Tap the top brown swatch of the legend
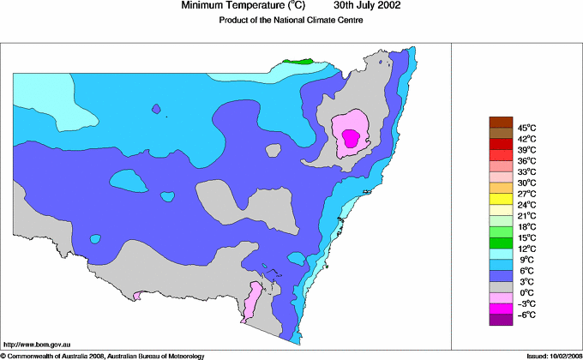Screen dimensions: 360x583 point(500,121)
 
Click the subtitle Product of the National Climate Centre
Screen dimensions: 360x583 point(292,21)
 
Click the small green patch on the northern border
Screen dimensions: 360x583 point(298,62)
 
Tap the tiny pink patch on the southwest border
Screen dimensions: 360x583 point(135,296)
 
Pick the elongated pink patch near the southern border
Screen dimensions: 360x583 point(252,301)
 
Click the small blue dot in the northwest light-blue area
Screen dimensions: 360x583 point(156,109)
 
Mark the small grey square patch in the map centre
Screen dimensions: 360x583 point(273,150)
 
